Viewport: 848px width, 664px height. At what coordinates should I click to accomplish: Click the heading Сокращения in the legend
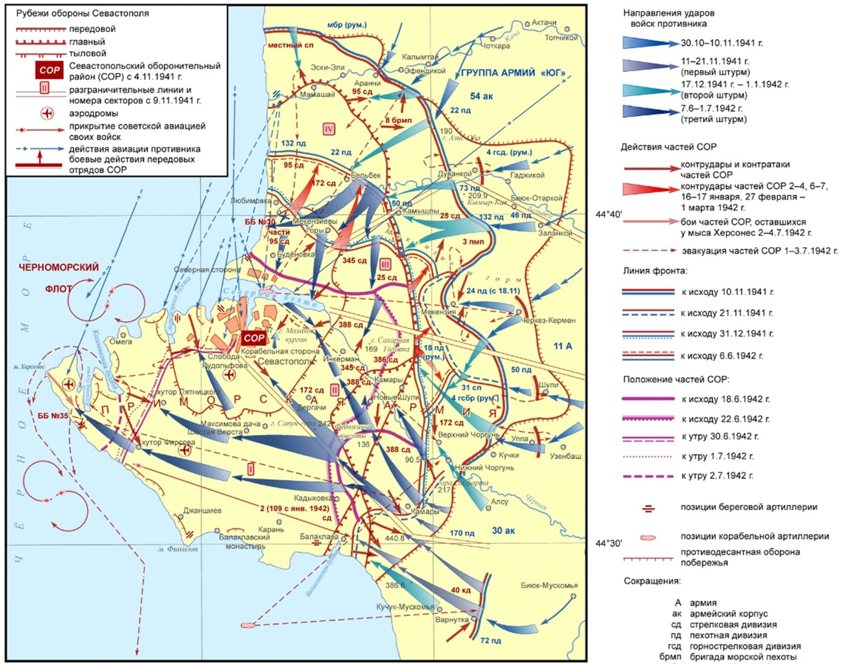[652, 581]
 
